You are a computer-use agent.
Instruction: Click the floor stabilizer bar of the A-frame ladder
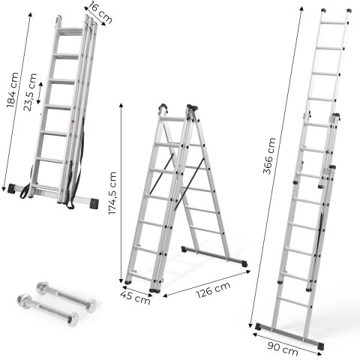[x=215, y=257]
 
